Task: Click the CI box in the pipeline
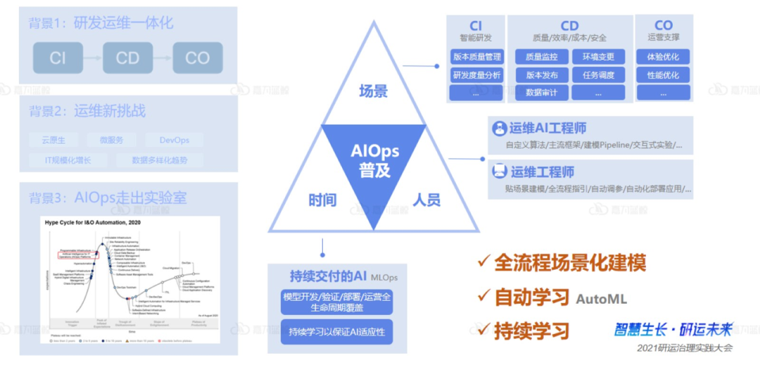[x=58, y=58]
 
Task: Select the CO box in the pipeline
[x=197, y=58]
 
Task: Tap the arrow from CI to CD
[x=93, y=58]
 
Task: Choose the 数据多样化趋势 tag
[x=159, y=160]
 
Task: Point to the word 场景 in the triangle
[x=373, y=91]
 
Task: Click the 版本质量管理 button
[x=476, y=57]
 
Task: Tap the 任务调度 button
[x=598, y=75]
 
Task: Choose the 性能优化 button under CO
[x=663, y=75]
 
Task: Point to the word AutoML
[x=602, y=299]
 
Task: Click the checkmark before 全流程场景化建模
[x=483, y=262]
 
